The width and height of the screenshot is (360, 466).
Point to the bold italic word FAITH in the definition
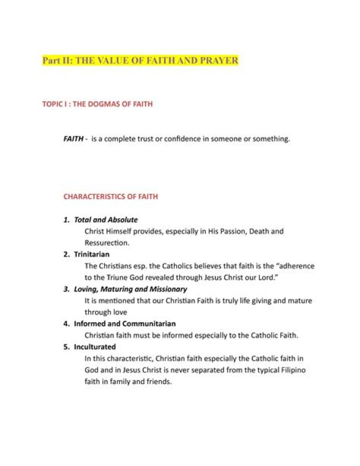coord(73,139)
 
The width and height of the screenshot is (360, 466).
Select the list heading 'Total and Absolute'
coord(105,220)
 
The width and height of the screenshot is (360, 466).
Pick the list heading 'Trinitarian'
coord(91,254)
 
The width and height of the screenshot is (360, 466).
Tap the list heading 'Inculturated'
coord(94,347)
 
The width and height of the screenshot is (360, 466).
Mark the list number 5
coord(66,347)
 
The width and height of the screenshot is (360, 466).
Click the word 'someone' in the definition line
coord(224,139)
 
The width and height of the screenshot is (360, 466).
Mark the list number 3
coord(66,289)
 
